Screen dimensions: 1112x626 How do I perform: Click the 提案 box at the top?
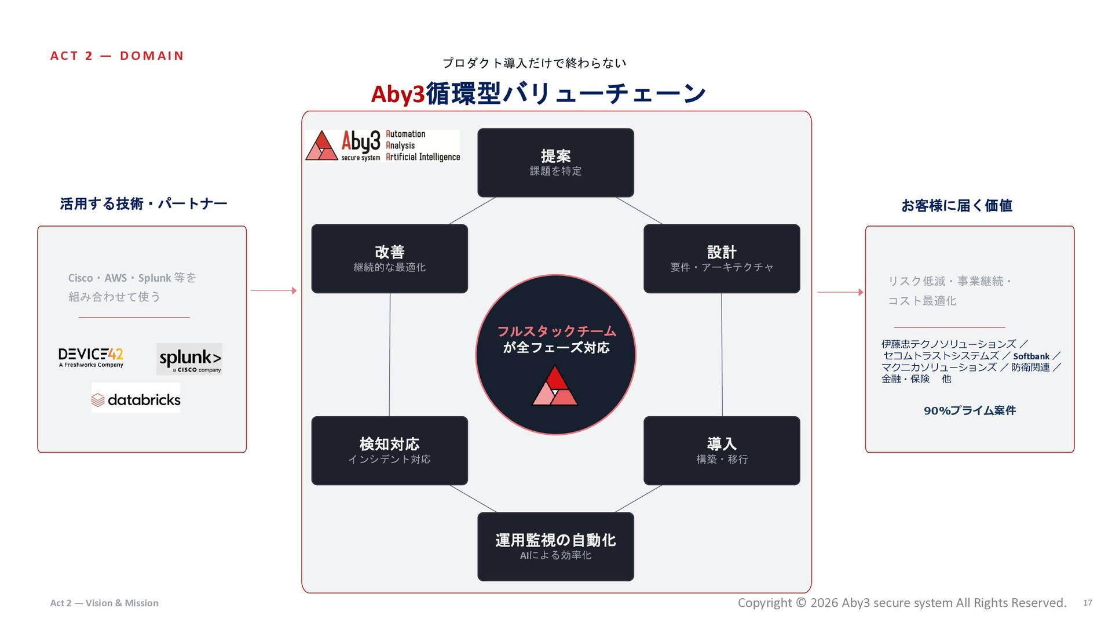pos(555,163)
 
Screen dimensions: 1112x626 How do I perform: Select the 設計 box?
pos(722,259)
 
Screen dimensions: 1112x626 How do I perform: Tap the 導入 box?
pos(722,450)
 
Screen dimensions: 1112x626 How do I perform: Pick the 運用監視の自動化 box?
pos(555,547)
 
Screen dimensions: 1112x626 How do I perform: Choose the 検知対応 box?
pos(389,450)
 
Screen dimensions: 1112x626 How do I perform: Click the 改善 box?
pos(389,259)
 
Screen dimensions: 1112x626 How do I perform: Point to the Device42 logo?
pos(91,358)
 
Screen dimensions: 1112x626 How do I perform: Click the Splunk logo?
pos(189,359)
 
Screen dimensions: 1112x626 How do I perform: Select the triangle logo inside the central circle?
pos(555,385)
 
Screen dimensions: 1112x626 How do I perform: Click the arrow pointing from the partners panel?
pos(274,290)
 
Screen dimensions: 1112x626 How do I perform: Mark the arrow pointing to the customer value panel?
pos(840,292)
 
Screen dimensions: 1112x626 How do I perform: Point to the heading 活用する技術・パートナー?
pos(144,203)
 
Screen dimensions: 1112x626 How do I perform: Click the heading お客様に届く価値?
pos(957,205)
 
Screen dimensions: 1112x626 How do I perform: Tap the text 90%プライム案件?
pos(970,410)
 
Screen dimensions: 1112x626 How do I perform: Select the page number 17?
pos(1088,603)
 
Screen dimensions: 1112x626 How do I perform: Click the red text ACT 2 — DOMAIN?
pos(117,56)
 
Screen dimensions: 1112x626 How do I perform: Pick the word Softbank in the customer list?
pos(1031,356)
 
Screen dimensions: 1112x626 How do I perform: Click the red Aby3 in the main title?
pos(398,94)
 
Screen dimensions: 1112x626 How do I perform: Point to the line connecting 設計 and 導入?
pos(722,355)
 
